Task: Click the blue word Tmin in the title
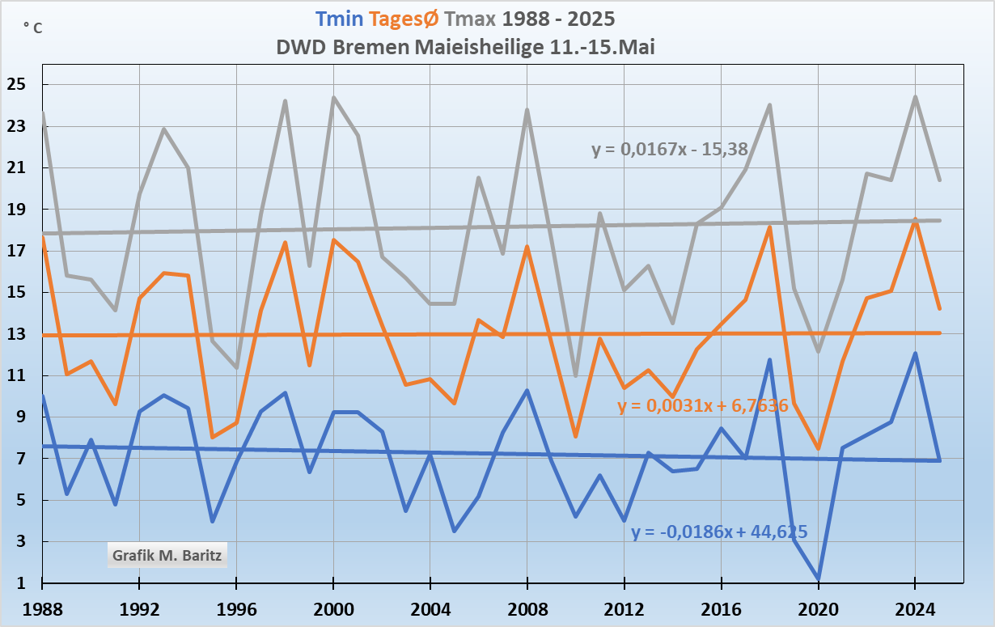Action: [339, 19]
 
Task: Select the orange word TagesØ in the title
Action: [409, 19]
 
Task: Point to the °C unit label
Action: [33, 28]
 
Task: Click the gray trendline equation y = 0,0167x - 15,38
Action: [669, 149]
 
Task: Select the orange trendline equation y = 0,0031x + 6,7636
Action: [703, 405]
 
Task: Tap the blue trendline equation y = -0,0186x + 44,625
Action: [719, 532]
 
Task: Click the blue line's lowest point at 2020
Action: [818, 578]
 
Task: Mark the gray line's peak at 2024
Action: [915, 97]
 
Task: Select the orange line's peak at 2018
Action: [769, 227]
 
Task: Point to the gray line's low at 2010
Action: [575, 375]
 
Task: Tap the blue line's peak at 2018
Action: [769, 360]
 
